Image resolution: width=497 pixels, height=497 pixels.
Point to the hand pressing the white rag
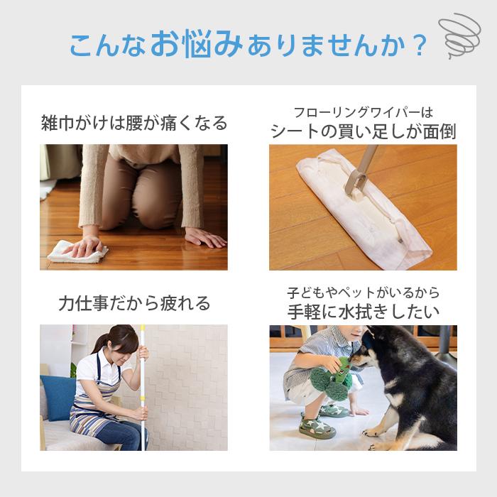pos(90,246)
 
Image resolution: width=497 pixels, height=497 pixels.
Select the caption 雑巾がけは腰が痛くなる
pos(134,123)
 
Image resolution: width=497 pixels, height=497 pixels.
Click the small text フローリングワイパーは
pos(363,112)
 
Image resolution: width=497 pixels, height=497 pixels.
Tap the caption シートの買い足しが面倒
pos(363,131)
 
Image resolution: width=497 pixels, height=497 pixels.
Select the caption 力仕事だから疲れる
pos(134,304)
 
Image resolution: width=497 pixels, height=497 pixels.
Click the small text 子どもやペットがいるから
pos(363,293)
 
